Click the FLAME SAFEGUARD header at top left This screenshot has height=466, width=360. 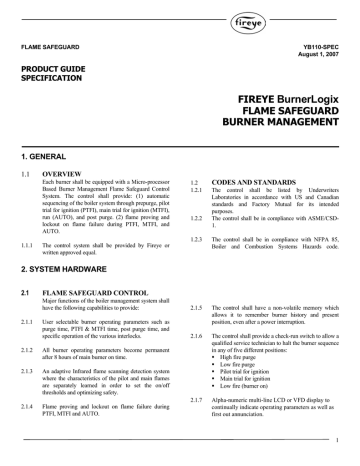49,45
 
